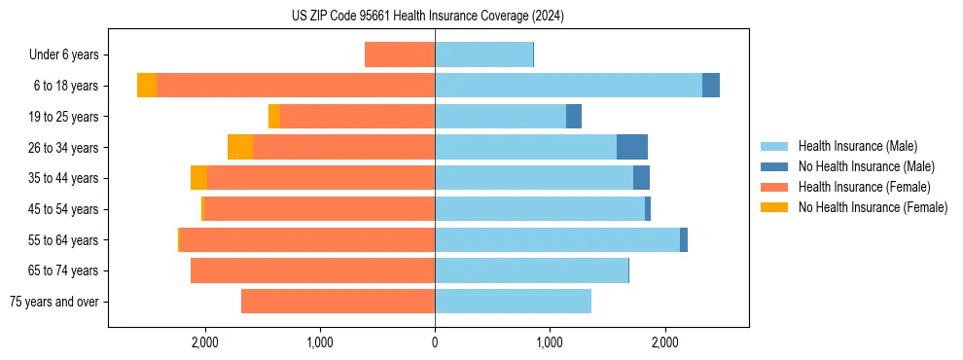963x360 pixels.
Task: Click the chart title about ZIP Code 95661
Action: coord(427,17)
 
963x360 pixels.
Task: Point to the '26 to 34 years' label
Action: coord(63,148)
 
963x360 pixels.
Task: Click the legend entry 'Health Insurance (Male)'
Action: coord(856,146)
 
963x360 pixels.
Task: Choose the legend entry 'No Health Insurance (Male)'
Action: coord(865,166)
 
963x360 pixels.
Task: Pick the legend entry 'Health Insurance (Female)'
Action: coord(864,187)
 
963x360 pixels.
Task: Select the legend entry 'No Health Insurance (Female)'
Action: coord(873,207)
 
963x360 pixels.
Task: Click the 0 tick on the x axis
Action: coord(435,342)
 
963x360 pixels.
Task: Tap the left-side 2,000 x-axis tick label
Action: coord(205,342)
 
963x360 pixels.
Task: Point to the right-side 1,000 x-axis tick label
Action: coord(550,342)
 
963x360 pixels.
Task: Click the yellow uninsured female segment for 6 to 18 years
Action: coord(147,86)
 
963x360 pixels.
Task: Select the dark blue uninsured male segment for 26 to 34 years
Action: coord(632,147)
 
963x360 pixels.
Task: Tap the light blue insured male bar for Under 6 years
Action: coord(483,54)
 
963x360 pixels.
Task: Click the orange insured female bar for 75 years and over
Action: coord(338,302)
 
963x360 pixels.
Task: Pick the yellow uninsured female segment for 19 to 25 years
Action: coord(274,117)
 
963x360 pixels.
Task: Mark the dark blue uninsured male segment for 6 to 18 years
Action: coord(711,86)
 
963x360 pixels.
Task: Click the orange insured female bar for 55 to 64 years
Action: coord(306,240)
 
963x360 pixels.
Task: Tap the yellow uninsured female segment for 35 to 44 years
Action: coord(198,178)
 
